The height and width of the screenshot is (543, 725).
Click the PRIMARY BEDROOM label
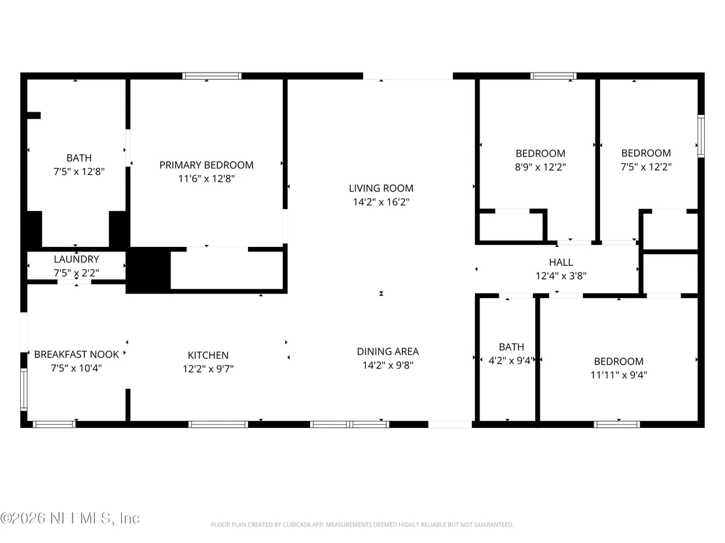[206, 165]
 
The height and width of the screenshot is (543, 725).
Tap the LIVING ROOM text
[381, 188]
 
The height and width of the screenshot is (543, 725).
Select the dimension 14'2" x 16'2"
[381, 202]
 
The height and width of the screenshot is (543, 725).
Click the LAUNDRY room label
[77, 259]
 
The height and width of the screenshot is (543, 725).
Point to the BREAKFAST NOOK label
[77, 355]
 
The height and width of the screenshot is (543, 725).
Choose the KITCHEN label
[208, 355]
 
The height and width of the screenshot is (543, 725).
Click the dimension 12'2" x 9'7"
[208, 369]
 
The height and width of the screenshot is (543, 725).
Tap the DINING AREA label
[388, 352]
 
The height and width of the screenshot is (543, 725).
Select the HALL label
[561, 262]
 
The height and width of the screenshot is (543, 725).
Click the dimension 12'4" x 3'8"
[561, 276]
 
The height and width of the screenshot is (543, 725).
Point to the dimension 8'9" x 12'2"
[540, 167]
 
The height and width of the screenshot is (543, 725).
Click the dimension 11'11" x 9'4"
[618, 375]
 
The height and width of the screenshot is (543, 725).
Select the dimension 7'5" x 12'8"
[79, 171]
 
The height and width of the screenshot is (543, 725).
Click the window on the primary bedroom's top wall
[212, 76]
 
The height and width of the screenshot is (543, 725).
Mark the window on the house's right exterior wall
[701, 136]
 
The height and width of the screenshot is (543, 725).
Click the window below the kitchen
[219, 424]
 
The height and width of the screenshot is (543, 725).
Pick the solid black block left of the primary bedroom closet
[149, 270]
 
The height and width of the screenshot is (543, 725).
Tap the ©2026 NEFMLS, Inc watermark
[70, 518]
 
